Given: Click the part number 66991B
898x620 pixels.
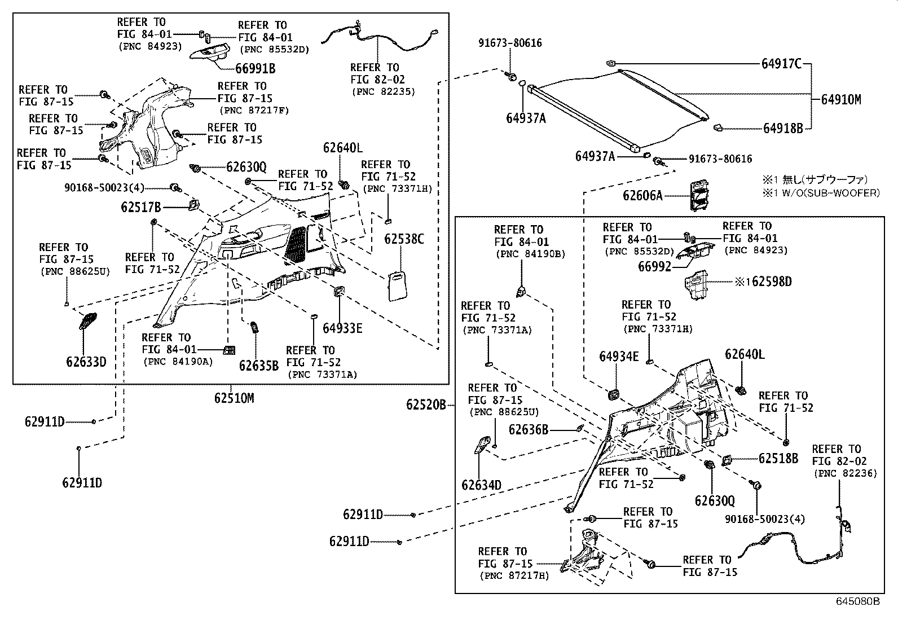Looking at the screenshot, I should (x=255, y=69).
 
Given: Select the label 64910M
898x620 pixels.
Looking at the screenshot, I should (x=840, y=100).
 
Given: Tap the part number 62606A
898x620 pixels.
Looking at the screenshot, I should (x=642, y=196).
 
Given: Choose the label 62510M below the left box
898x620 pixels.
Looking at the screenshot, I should (x=234, y=398).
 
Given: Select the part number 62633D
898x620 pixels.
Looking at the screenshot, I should (x=86, y=362).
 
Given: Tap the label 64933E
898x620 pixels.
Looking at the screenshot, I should (x=342, y=328).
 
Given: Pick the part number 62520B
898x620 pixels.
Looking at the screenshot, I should (x=426, y=404).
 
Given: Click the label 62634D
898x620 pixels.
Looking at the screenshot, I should (x=481, y=485).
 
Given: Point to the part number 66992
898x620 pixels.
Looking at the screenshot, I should (x=654, y=266).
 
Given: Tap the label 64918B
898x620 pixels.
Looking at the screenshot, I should (x=783, y=129).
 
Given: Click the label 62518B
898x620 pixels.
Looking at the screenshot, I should (x=778, y=459).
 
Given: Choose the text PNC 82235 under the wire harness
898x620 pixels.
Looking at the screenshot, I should (x=383, y=91).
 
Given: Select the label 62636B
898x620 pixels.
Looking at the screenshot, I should (x=528, y=430).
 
